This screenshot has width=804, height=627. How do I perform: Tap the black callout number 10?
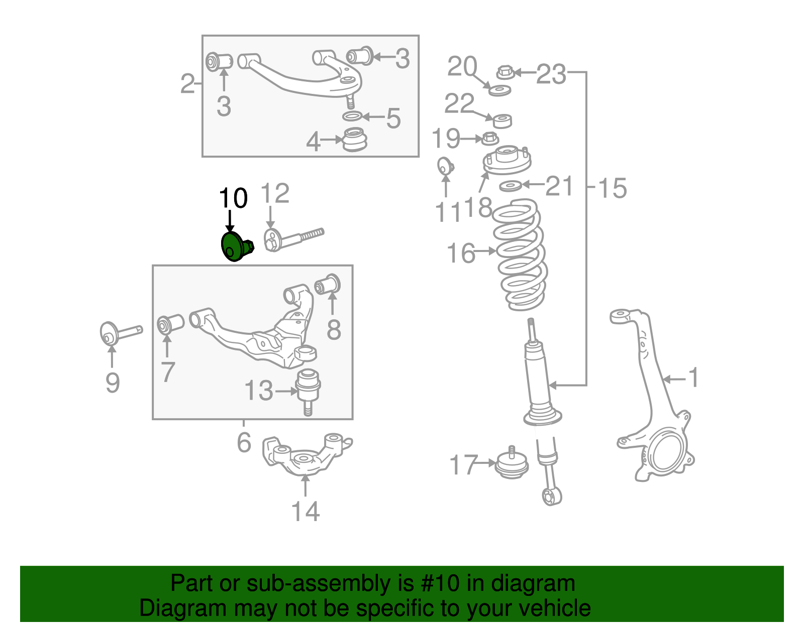coord(233,198)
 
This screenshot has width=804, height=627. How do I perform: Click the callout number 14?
coord(305,512)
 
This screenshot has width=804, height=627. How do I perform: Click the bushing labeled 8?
coord(328,285)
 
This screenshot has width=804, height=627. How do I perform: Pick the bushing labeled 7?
coord(170,323)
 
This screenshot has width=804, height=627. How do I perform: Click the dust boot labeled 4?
coord(355,140)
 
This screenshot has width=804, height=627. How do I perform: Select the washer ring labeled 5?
coord(352,116)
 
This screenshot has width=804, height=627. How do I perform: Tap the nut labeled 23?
coord(505,72)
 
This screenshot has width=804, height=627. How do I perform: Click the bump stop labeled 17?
coord(512,465)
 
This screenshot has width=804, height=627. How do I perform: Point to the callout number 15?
coord(612,188)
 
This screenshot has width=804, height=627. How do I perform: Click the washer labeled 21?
coord(511,186)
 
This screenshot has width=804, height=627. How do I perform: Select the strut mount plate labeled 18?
coord(507,161)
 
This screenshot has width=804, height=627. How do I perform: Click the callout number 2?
coord(187,84)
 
